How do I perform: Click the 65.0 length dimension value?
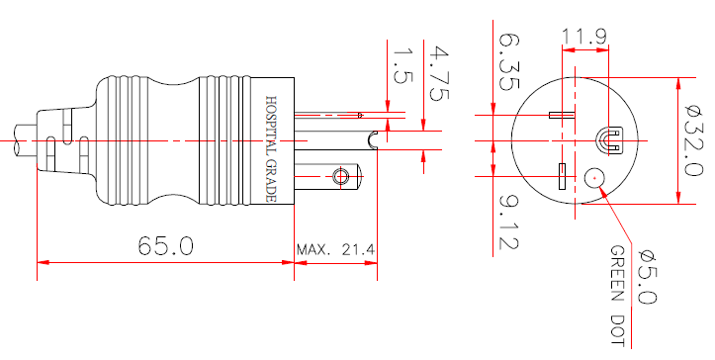(x=165, y=246)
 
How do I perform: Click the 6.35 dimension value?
(x=508, y=62)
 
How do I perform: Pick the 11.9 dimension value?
(x=584, y=39)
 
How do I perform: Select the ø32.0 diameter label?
(x=695, y=141)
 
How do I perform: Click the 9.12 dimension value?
(x=508, y=222)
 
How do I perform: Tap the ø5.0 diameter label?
(x=644, y=273)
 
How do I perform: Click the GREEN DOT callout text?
(x=617, y=296)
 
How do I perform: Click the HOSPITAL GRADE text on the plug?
(x=271, y=149)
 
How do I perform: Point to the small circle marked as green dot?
(x=595, y=178)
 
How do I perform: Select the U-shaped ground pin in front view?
(x=608, y=139)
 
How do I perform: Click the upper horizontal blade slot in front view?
(x=562, y=115)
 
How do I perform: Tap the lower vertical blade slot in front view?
(x=562, y=176)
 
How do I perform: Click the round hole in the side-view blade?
(x=342, y=177)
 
